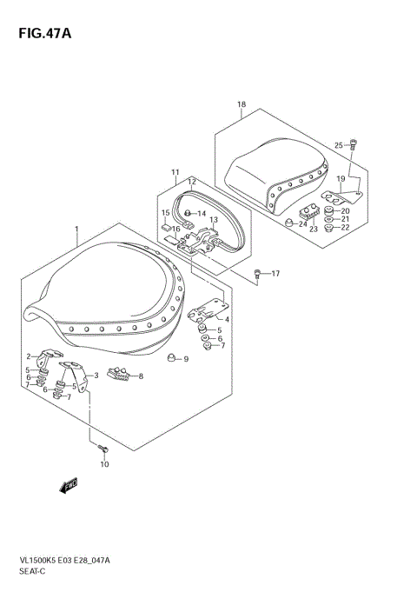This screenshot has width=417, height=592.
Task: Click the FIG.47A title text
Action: pos(45,34)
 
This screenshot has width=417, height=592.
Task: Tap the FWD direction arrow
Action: pos(69,485)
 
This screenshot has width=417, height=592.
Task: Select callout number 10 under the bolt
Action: pos(104,464)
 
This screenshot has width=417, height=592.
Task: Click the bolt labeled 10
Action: pos(103,449)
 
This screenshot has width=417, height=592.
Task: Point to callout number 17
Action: pos(275,273)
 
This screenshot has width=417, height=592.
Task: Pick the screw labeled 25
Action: pos(354,144)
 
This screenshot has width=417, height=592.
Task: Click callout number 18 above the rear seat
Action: pos(242,104)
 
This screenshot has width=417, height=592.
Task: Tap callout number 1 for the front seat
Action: pos(76,229)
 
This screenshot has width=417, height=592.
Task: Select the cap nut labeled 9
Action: pos(172,357)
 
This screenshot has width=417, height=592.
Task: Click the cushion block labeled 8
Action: pos(118,374)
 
